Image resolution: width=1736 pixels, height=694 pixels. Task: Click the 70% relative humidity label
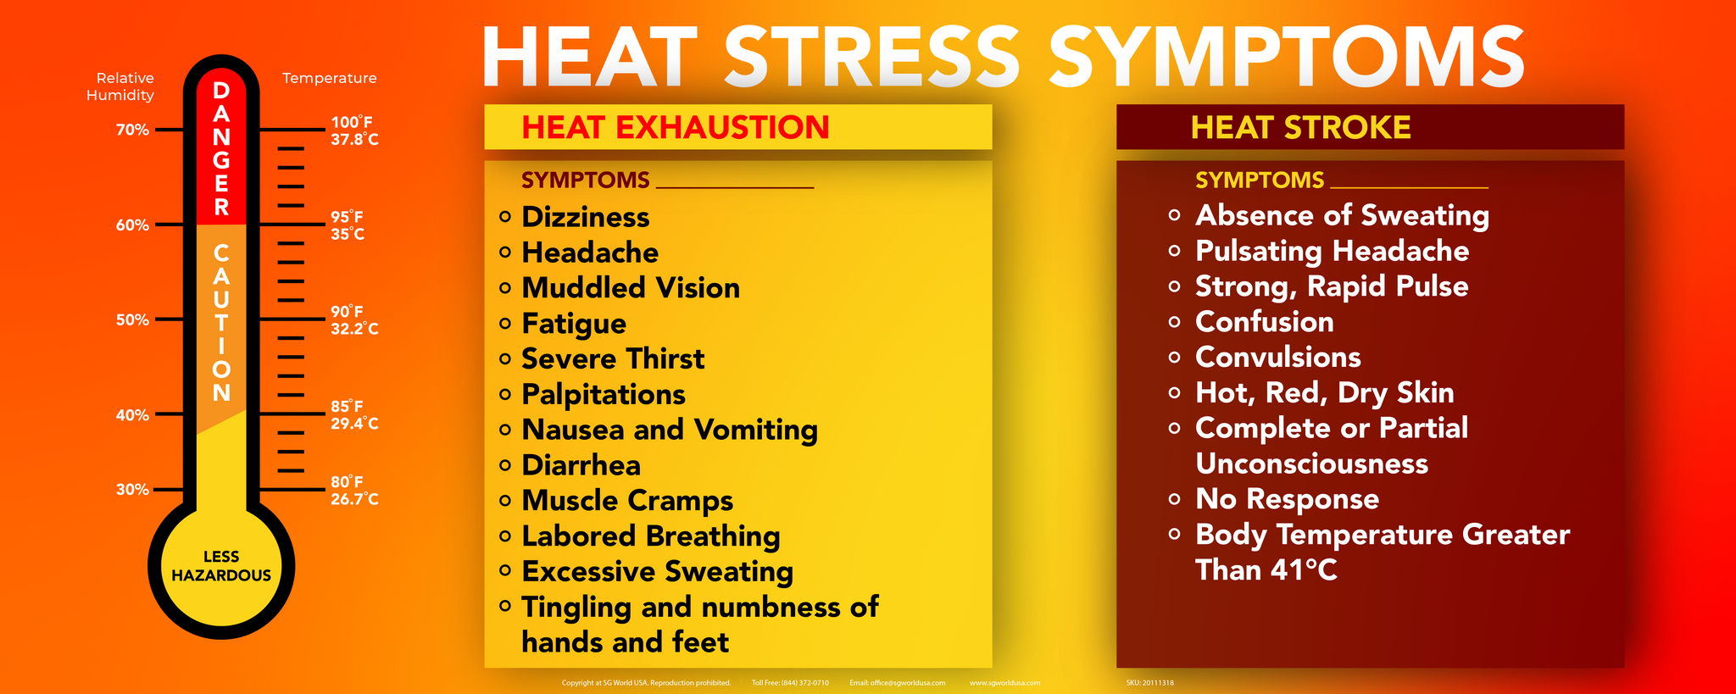[132, 130]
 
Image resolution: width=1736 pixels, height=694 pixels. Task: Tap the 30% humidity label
[132, 489]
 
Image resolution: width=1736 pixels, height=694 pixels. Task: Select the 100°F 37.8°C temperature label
[354, 130]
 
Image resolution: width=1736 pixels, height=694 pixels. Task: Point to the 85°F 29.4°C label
[354, 414]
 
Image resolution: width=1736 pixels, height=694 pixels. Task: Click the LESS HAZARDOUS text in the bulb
[221, 566]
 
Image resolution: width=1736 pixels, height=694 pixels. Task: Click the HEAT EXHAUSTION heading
[676, 127]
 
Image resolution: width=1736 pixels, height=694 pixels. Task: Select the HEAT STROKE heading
[1300, 127]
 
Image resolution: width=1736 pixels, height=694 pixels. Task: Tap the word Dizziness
[586, 217]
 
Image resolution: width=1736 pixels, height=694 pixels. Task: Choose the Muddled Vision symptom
[631, 288]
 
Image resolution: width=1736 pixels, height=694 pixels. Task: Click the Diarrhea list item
[581, 465]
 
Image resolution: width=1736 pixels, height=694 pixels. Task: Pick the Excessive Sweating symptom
[657, 572]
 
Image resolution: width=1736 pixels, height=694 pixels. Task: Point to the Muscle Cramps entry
[627, 501]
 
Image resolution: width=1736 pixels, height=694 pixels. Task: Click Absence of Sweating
[1342, 215]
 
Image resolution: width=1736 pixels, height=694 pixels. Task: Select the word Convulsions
[1277, 357]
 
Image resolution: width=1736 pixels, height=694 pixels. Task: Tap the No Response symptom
[1287, 499]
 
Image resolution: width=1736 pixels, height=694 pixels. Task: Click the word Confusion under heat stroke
[1264, 322]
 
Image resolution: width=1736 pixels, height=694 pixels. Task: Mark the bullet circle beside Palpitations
[505, 394]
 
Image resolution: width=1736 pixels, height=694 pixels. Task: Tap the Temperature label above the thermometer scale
[330, 78]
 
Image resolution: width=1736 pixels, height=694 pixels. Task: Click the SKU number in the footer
[1150, 683]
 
